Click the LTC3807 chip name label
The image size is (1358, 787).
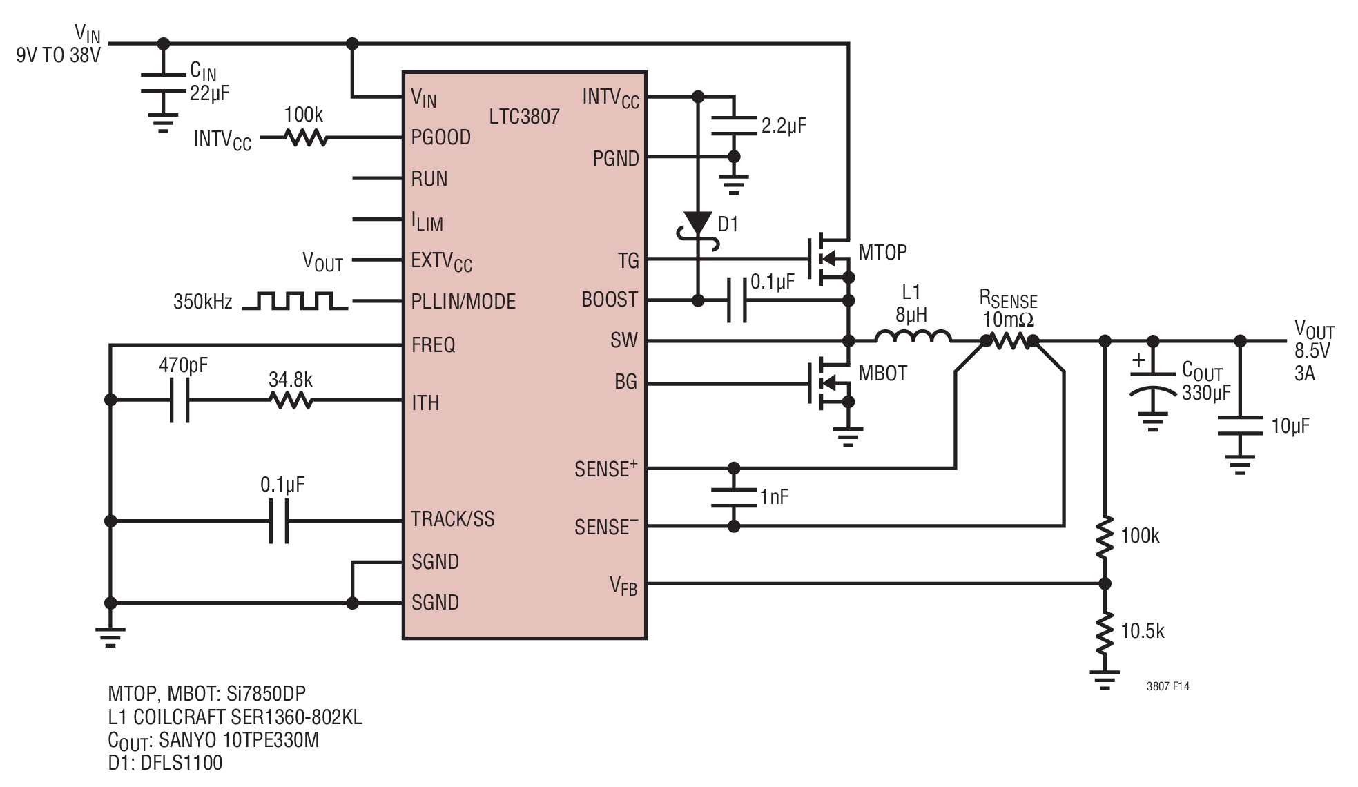(x=524, y=116)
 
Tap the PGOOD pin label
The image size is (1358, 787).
(x=440, y=137)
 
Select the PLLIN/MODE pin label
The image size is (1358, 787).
(x=463, y=302)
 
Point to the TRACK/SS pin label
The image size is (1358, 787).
(x=453, y=519)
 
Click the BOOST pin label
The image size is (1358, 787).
(x=610, y=300)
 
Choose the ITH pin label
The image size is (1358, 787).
(x=425, y=402)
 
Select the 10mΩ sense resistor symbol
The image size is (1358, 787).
(x=1009, y=340)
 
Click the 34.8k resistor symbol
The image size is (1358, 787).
(x=291, y=400)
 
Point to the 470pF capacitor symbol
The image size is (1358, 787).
(x=180, y=400)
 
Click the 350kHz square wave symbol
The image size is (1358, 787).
(x=295, y=300)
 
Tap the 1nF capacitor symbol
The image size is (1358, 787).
(x=734, y=498)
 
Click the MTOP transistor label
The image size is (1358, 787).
(x=882, y=253)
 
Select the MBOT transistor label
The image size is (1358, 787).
(x=882, y=373)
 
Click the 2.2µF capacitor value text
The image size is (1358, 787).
(x=784, y=126)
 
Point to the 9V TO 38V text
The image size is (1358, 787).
(x=59, y=55)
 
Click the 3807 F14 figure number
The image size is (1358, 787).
(x=1167, y=686)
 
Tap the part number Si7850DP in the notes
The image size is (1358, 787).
(x=266, y=694)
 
